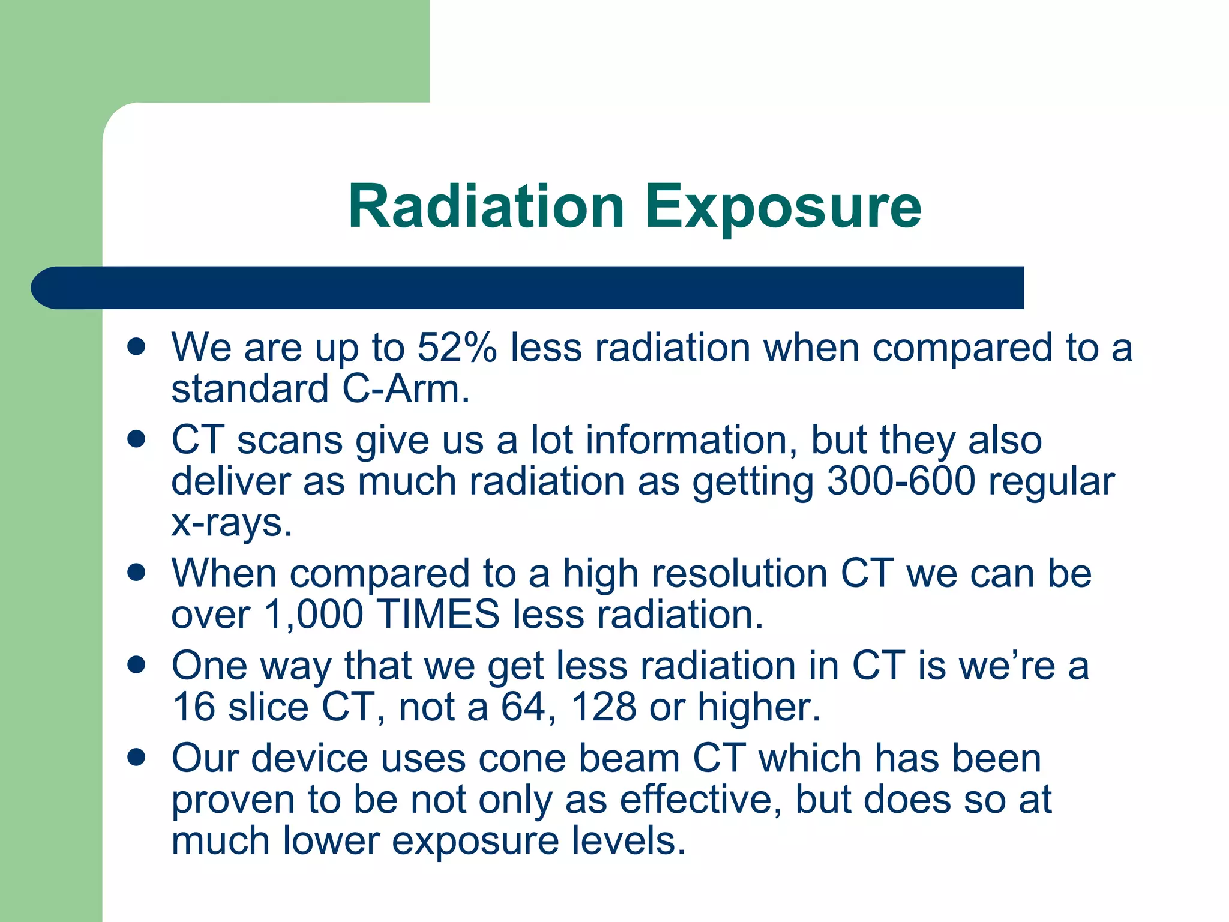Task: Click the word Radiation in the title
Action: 486,206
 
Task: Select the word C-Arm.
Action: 406,389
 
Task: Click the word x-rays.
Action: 232,523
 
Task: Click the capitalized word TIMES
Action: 438,615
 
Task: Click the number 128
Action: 603,707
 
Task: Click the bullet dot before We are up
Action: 137,347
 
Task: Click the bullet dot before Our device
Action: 137,758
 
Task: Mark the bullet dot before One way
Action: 137,665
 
